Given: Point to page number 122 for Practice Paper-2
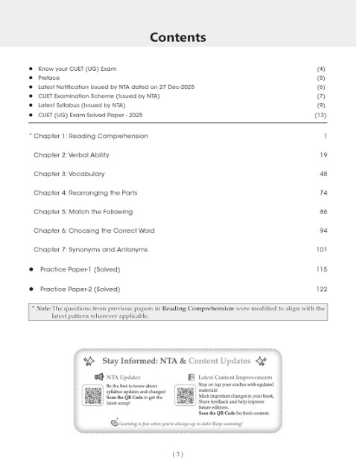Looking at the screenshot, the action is [321, 288].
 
